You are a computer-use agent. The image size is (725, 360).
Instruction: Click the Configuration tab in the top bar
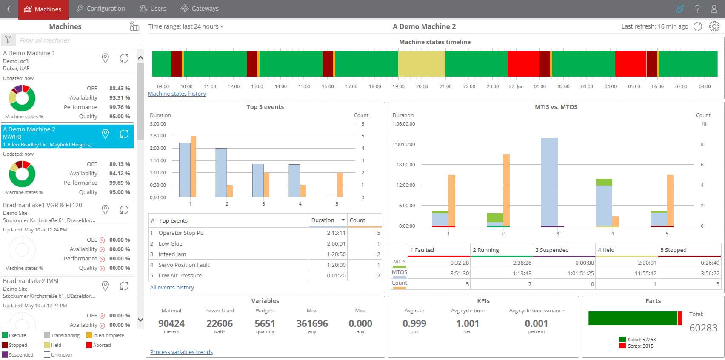coord(101,9)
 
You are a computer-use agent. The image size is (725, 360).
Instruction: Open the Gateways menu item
coord(200,9)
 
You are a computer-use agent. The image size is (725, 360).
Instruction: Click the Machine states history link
coord(177,94)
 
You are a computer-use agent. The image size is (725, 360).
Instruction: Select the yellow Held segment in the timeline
coord(422,64)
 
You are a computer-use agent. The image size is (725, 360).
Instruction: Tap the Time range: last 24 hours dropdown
coord(186,26)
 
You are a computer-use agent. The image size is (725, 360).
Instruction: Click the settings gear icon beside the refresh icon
coord(714,26)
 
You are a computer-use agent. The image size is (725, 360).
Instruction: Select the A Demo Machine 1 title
coord(29,53)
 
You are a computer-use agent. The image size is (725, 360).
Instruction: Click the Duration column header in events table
coord(323,220)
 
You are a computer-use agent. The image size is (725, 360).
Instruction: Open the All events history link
coord(172,287)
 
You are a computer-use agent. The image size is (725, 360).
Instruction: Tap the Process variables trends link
coord(181,352)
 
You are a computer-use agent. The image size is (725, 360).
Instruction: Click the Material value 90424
coord(171,323)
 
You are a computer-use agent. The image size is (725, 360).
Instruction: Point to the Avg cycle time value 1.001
coord(468,323)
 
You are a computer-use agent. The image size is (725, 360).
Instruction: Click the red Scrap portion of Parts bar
coord(680,318)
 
